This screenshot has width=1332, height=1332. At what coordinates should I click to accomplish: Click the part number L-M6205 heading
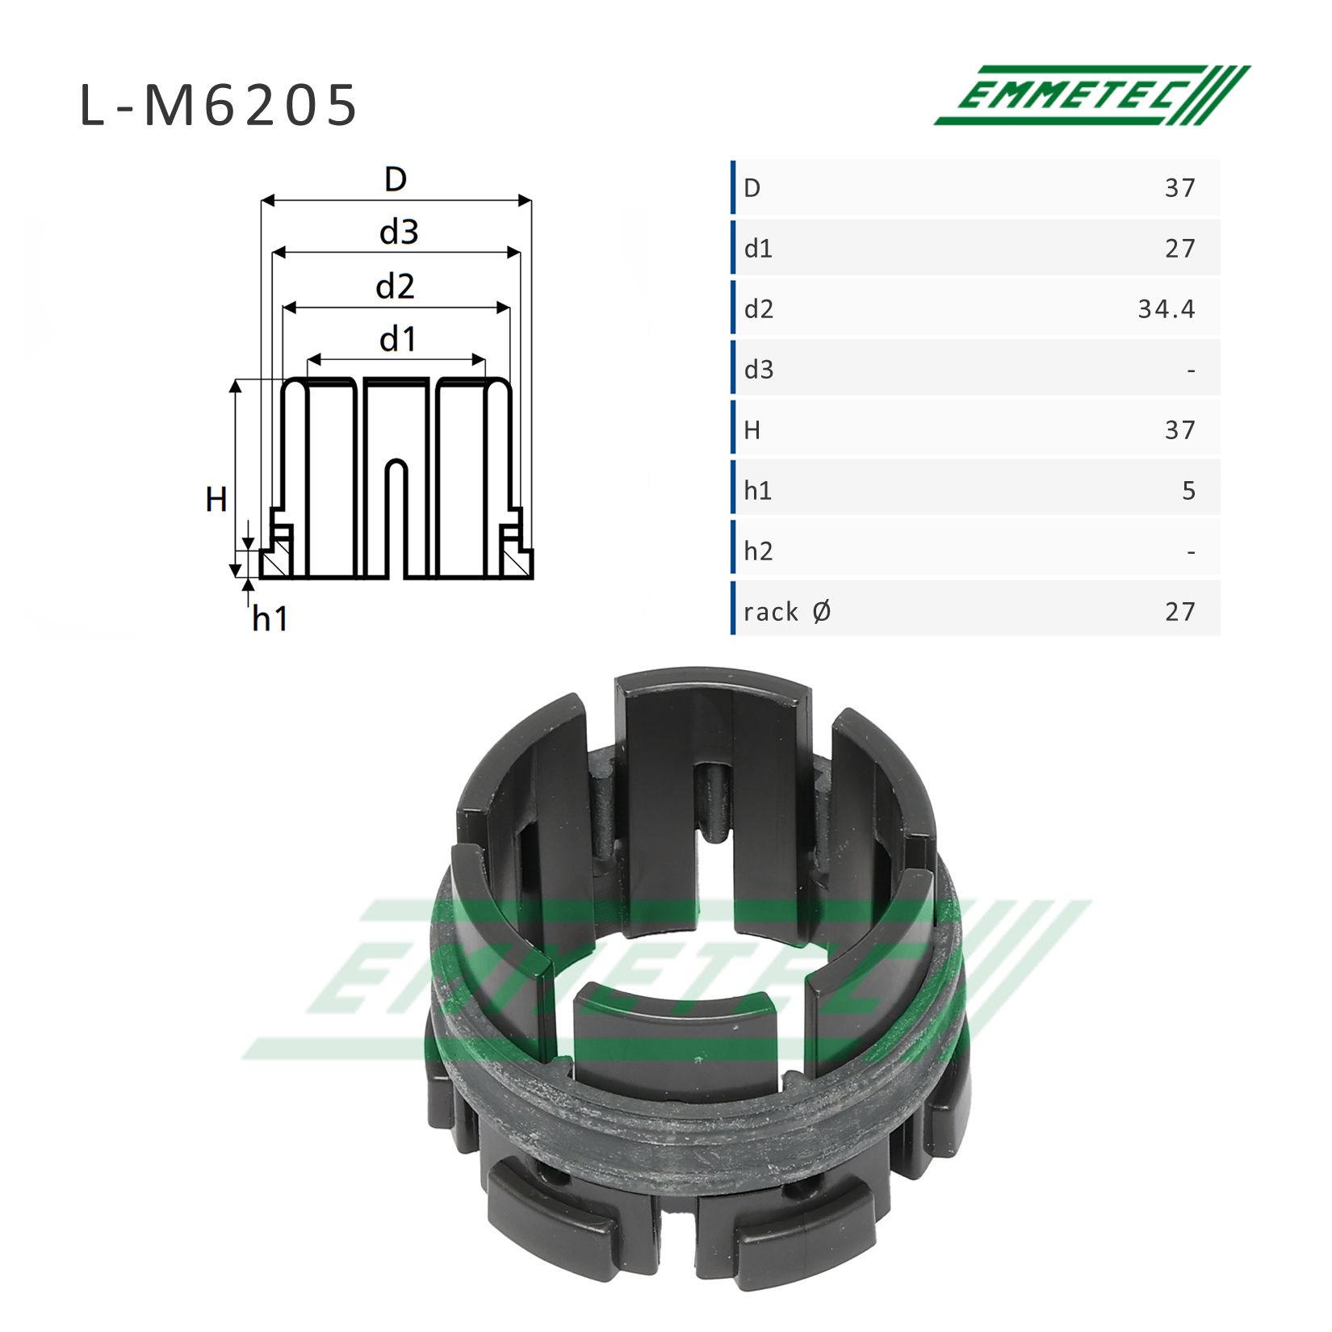(218, 105)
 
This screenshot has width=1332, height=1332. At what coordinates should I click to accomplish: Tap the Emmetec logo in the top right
(1091, 95)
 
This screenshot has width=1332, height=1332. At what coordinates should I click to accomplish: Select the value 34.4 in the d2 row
(1166, 308)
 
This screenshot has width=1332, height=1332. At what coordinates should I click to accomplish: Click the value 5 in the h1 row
(1188, 490)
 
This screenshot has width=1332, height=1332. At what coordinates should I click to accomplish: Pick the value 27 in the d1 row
(1179, 248)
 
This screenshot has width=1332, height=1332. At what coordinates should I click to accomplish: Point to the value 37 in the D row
(1179, 187)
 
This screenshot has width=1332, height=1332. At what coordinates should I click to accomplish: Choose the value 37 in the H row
(1179, 429)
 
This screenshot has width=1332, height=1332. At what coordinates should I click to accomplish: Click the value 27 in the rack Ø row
(1179, 611)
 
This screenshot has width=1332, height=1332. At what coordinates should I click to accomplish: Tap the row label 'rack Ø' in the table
(787, 611)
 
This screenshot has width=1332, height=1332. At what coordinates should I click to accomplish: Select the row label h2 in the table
(758, 551)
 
